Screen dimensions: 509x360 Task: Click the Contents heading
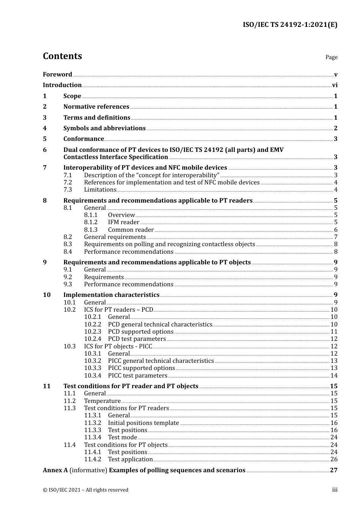[x=62, y=56]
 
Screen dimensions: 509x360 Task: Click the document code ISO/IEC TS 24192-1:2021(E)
[x=290, y=25]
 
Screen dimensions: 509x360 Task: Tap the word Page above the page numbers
[x=331, y=57]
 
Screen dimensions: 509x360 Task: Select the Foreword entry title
[x=57, y=75]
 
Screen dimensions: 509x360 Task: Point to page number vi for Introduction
[x=335, y=85]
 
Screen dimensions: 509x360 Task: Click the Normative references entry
[x=96, y=107]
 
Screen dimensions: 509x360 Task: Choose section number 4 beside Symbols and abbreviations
[x=45, y=128]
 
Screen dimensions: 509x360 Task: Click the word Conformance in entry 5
[x=83, y=139]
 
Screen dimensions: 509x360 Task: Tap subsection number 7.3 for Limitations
[x=67, y=190]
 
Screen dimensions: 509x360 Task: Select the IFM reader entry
[x=124, y=222]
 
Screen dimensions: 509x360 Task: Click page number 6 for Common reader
[x=336, y=230]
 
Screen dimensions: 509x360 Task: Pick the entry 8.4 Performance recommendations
[x=128, y=252]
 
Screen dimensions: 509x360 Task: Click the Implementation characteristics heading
[x=111, y=295]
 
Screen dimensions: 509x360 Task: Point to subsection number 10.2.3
[x=92, y=332]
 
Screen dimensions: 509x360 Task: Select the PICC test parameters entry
[x=138, y=376]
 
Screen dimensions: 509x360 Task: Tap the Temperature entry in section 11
[x=102, y=401]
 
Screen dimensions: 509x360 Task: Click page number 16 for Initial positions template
[x=334, y=423]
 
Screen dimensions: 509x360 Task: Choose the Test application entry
[x=130, y=459]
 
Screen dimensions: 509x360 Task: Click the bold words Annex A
[x=55, y=470]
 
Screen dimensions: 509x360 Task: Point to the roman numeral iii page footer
[x=335, y=490]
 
